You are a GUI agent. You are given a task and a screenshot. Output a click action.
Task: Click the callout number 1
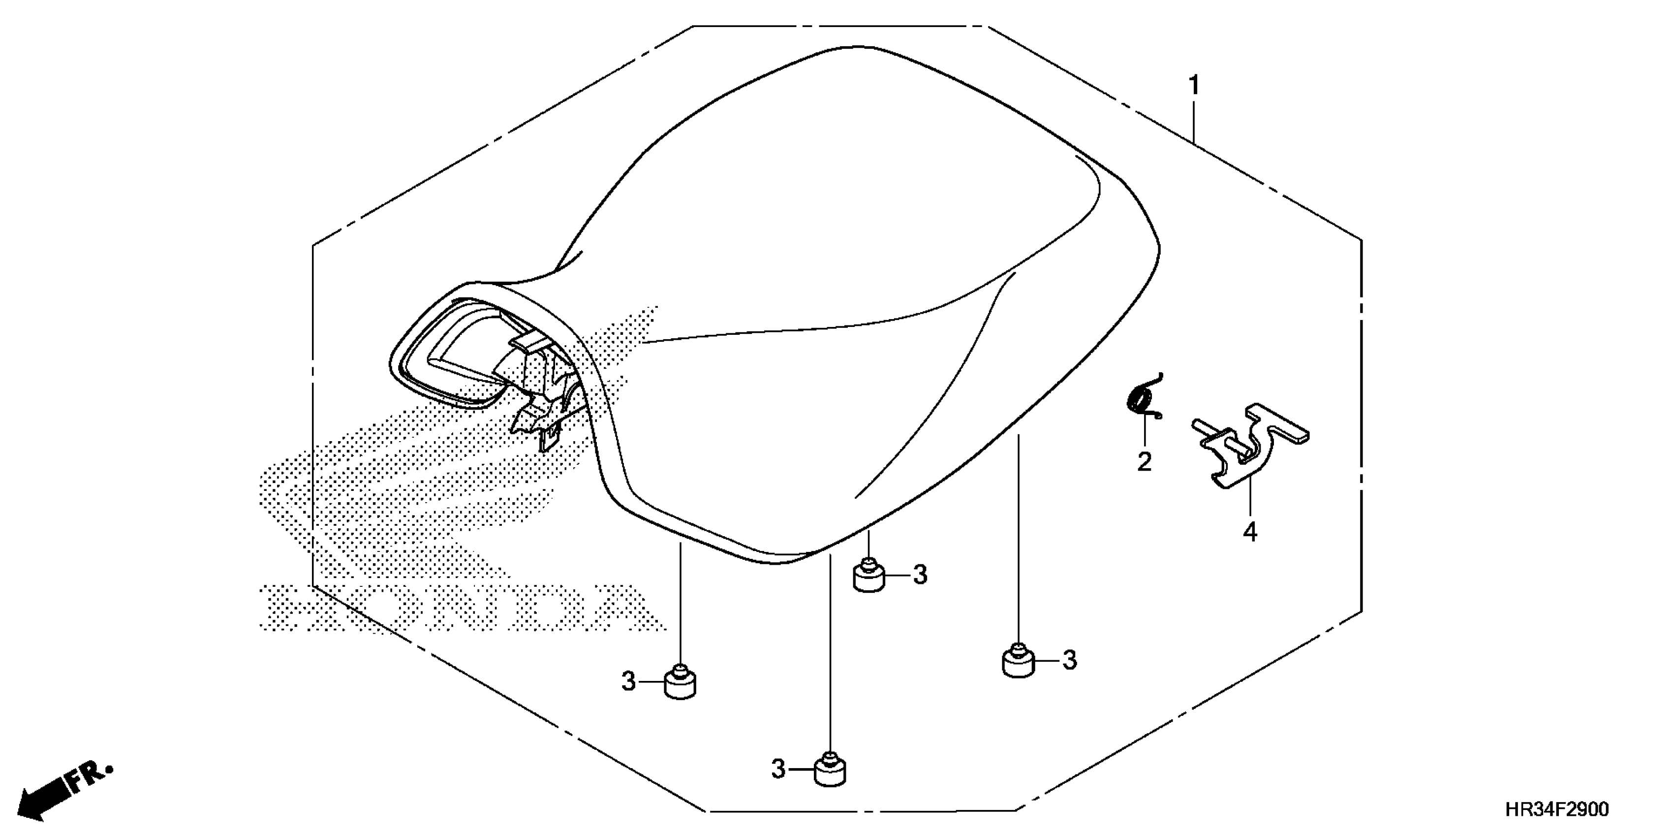(x=1194, y=85)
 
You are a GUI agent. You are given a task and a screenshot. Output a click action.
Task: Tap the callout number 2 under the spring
(x=1145, y=462)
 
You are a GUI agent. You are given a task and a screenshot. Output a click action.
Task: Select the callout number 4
(x=1250, y=532)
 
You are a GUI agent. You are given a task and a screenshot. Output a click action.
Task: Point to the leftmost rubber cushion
(x=680, y=685)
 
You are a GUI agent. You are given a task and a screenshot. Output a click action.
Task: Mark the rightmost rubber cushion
(x=1018, y=662)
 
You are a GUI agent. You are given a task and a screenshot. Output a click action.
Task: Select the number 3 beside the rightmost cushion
(x=1070, y=660)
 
